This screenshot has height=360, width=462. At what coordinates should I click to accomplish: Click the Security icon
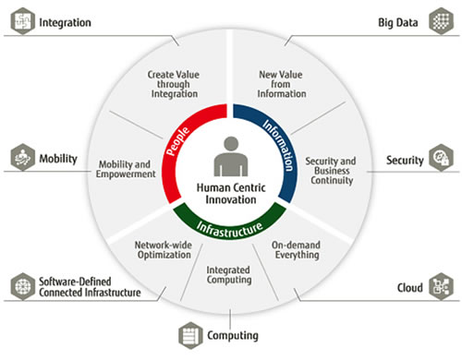[x=440, y=160]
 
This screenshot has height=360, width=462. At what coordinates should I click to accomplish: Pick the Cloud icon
[x=440, y=288]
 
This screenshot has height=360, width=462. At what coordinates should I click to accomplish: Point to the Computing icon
[x=190, y=335]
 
